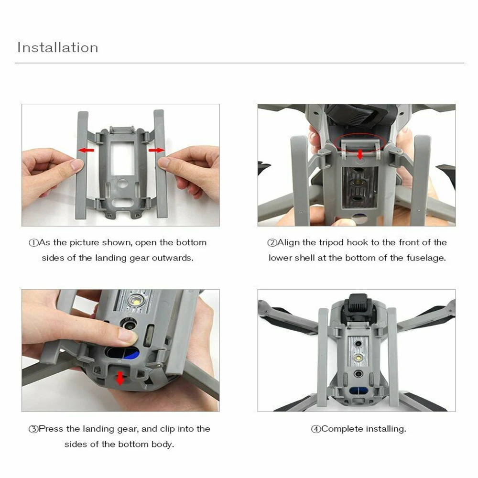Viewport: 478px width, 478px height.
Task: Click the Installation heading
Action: coord(58,48)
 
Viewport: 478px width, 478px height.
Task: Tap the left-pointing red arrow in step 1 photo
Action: coord(87,150)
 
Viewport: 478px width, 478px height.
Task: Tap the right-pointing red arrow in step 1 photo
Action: coord(156,150)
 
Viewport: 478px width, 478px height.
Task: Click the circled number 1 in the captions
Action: coord(33,243)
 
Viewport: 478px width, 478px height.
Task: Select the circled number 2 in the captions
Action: coord(272,243)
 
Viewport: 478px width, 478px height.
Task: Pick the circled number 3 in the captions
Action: coord(33,429)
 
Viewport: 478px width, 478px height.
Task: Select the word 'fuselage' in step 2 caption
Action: coord(428,258)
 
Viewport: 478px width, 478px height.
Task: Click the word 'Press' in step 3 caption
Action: coord(50,429)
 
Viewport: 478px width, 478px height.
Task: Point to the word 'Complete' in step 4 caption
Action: coord(342,429)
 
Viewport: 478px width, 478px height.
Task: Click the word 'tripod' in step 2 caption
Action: coord(332,242)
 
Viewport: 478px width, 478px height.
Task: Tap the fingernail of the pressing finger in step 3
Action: coord(128,336)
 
